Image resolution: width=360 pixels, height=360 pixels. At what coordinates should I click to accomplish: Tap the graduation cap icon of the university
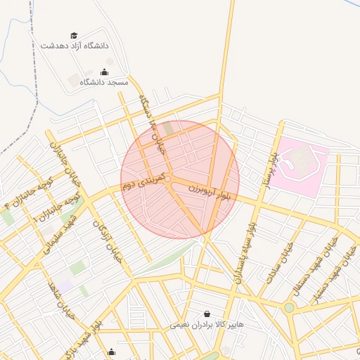(75, 35)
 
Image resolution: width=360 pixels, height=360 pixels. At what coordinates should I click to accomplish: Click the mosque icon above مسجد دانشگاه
(105, 72)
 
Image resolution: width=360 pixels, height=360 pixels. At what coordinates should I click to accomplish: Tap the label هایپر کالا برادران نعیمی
(207, 325)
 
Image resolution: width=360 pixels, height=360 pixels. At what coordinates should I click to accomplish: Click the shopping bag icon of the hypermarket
(207, 314)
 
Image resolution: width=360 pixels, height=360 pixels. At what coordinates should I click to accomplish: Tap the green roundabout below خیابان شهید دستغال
(289, 308)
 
